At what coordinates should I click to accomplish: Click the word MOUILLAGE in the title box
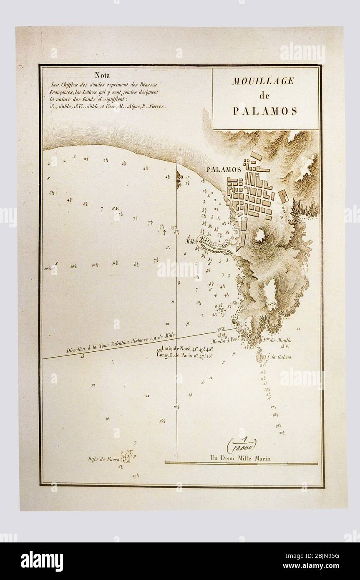tap(263, 81)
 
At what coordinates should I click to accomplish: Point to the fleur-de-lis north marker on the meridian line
tap(178, 177)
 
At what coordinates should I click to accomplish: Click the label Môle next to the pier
tap(191, 241)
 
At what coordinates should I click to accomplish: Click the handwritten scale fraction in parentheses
tap(242, 445)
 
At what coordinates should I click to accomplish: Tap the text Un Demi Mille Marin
tap(240, 458)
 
